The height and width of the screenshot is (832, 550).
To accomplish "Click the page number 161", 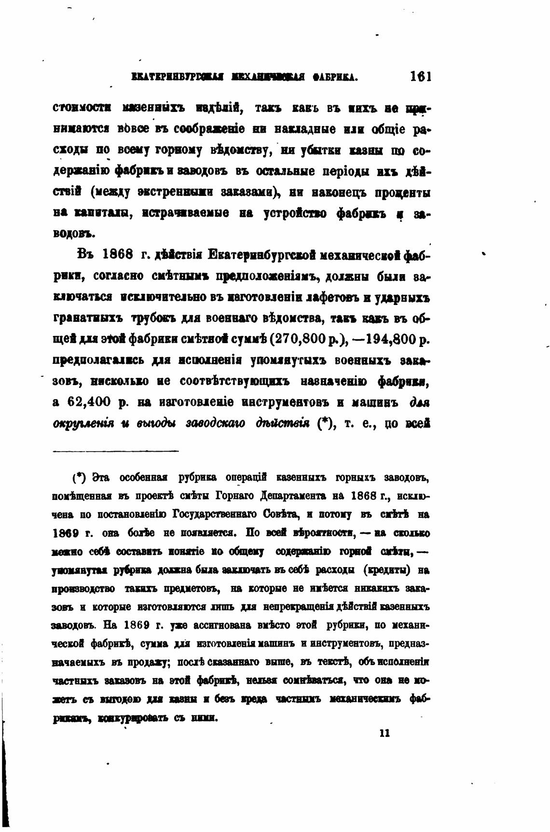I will [x=420, y=76].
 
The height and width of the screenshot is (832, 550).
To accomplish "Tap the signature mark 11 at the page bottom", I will [x=385, y=733].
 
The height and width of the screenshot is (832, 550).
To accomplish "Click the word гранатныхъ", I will [x=89, y=319].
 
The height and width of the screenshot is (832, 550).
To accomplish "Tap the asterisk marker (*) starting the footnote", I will [x=79, y=478].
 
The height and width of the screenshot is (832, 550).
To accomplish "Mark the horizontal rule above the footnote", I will [x=115, y=451].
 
